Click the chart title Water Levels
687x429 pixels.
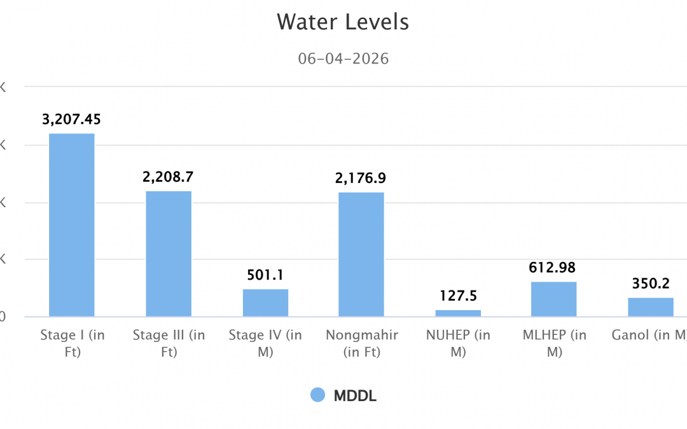343,22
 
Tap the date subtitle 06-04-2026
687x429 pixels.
343,59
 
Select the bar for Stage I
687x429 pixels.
72,225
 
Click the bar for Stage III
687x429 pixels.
169,254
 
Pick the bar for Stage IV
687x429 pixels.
265,303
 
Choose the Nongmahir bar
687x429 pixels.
361,254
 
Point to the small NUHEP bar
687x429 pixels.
458,313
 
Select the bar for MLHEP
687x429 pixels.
553,299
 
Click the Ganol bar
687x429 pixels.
650,307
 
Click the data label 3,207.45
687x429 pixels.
72,119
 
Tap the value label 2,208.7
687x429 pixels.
169,177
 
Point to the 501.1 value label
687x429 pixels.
265,275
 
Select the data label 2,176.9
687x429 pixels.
361,179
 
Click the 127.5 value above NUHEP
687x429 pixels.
458,296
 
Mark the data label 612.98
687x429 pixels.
553,268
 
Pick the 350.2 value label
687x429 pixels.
650,283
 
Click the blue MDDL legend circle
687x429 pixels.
317,395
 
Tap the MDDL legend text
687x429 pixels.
355,395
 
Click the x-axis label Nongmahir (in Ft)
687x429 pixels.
361,343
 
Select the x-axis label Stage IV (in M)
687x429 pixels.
265,343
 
